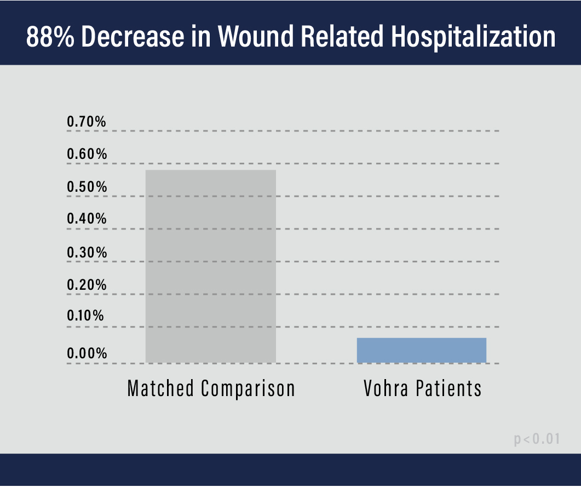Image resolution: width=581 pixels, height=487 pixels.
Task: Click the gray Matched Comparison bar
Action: pos(210,266)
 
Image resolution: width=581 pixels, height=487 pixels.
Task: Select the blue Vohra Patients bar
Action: pos(421,350)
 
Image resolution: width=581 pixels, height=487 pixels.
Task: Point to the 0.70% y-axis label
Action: pos(87,122)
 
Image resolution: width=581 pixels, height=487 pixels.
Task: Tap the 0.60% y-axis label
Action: pos(87,154)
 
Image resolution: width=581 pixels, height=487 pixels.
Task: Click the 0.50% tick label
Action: pos(87,187)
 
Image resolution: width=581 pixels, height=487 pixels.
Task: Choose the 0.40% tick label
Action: pos(87,219)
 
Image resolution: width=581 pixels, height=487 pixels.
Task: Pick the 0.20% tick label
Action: pos(87,285)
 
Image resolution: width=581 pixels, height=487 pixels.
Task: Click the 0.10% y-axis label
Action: pos(85,317)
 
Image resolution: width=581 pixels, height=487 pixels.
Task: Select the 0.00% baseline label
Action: pos(87,353)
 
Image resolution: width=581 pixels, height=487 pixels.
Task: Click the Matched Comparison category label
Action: pos(211,388)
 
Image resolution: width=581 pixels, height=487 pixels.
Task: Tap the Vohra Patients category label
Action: pos(422,388)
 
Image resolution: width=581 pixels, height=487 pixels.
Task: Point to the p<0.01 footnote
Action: pos(537,439)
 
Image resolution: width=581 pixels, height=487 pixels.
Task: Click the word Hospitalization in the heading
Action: pos(474,36)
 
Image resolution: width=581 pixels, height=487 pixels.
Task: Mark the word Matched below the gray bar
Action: pos(160,388)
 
